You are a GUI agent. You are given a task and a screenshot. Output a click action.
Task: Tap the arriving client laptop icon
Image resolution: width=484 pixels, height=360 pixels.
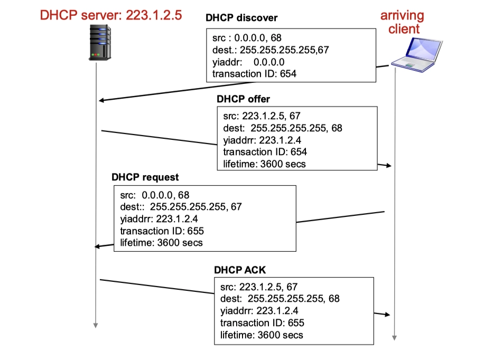(x=414, y=53)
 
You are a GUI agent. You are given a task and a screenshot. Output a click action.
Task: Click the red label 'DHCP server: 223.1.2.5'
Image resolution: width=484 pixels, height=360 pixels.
(x=111, y=15)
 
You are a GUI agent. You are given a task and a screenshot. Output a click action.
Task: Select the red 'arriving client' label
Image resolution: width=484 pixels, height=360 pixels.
(x=402, y=22)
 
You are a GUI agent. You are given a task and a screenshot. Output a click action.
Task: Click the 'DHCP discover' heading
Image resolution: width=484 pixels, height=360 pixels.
(x=241, y=18)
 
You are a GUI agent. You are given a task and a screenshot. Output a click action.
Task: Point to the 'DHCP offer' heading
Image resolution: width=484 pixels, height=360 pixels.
(x=243, y=99)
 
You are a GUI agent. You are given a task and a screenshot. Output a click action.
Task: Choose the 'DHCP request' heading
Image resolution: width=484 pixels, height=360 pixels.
(x=145, y=177)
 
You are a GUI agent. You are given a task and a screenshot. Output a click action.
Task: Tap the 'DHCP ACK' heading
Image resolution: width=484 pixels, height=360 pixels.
(x=240, y=270)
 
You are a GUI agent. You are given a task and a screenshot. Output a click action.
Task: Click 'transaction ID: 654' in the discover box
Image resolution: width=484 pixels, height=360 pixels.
(x=254, y=73)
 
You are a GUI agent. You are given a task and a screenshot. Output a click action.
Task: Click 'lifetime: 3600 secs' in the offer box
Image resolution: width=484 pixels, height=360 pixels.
(x=264, y=164)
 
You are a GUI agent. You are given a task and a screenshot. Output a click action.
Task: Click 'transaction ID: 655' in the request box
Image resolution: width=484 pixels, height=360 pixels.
(x=162, y=231)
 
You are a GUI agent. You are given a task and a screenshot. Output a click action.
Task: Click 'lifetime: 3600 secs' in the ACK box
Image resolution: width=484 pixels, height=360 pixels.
(x=262, y=335)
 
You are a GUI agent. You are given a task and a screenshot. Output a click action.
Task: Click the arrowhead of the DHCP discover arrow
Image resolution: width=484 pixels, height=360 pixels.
(x=102, y=101)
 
